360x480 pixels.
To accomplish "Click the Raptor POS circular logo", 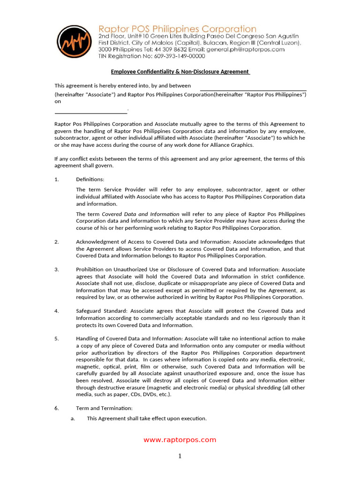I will (x=74, y=42).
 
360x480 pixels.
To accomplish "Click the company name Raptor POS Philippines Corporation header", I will (x=177, y=29).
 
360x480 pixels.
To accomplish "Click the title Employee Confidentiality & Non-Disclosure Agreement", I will (x=180, y=72).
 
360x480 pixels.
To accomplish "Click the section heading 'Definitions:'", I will (x=90, y=180).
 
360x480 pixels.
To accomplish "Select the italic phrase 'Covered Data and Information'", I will (x=141, y=214).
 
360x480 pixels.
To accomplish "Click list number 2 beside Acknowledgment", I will (x=57, y=242).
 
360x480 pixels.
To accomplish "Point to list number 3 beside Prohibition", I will (x=57, y=270).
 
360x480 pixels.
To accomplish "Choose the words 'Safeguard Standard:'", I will (x=102, y=311).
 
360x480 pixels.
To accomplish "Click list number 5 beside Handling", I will (x=57, y=338).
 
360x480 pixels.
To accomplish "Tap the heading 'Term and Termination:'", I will (x=101, y=408).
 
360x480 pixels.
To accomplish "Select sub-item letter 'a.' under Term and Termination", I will (x=73, y=419).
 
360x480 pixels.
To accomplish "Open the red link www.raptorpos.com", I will (x=180, y=440).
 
